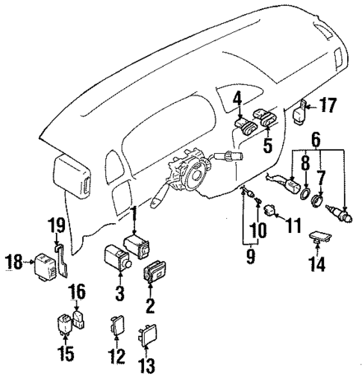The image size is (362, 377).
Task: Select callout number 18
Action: [14, 261]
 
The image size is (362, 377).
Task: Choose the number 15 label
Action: [67, 353]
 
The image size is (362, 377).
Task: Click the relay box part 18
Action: [41, 263]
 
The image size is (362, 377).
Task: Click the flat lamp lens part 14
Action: [322, 238]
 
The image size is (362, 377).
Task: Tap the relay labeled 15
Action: [65, 324]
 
